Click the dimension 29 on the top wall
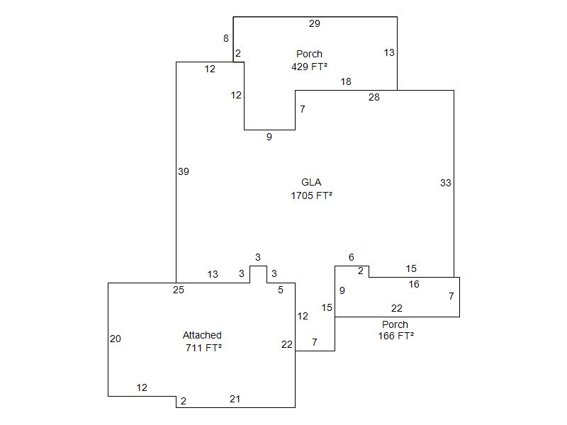coord(315,24)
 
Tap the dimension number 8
coord(226,39)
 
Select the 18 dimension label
coord(346,82)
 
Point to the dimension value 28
coord(374,98)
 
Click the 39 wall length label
coord(184,171)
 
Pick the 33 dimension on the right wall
coord(445,183)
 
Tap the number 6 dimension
coord(352,258)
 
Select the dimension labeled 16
coord(414,285)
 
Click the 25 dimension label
coord(179,290)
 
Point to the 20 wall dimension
coord(116,339)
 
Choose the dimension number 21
coord(235,399)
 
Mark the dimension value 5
coord(281,290)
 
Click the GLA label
coord(311,183)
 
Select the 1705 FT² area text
coord(311,195)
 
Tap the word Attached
coord(202,336)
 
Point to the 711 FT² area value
coord(203,348)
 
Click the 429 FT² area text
coord(309,67)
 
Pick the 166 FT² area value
coord(396,336)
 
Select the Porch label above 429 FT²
coord(309,54)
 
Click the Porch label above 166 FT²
coord(395,324)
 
